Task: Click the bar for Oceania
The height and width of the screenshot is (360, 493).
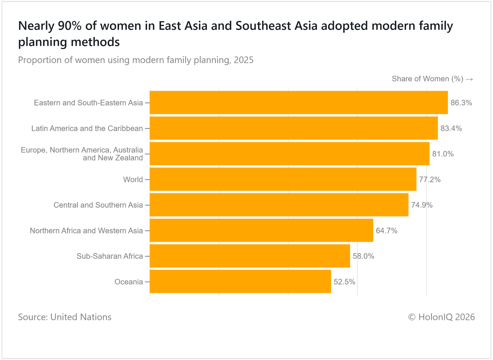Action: (x=240, y=281)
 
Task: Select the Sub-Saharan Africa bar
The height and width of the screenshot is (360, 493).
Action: (x=250, y=256)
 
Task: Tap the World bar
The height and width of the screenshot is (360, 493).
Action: (x=283, y=179)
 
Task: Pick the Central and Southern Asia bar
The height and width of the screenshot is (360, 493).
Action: (x=279, y=205)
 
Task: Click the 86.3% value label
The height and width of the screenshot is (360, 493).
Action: (x=461, y=103)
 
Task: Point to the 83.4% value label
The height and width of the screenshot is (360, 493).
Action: (x=451, y=128)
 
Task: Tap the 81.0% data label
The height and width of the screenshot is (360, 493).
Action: (x=443, y=154)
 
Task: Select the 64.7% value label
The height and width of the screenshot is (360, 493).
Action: (x=386, y=231)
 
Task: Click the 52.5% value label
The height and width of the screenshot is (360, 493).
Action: (x=344, y=282)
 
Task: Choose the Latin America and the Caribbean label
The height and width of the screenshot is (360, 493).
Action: (x=87, y=128)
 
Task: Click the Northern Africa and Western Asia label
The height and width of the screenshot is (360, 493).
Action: (x=86, y=231)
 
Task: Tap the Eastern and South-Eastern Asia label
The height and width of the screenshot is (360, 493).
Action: (x=88, y=103)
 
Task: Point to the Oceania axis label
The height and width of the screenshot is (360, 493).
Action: (x=128, y=282)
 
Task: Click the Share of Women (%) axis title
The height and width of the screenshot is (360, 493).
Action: (x=427, y=79)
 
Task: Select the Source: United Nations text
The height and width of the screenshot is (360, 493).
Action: (x=65, y=317)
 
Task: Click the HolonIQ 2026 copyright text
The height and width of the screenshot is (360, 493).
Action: (x=441, y=317)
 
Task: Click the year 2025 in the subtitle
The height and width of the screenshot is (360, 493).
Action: (x=243, y=60)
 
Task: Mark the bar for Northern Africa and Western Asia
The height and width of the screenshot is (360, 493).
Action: (x=261, y=230)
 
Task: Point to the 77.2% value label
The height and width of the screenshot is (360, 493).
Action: (x=430, y=180)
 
